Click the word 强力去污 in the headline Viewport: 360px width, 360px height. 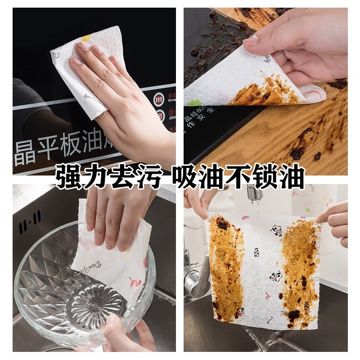point(108,177)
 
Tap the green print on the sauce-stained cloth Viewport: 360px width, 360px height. point(195,103)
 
